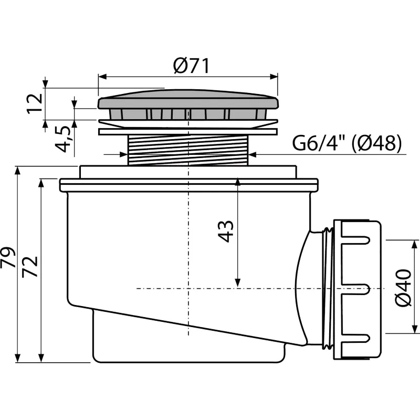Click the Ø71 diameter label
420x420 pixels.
(x=191, y=66)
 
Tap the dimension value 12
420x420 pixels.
(x=35, y=103)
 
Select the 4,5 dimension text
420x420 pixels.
(x=63, y=139)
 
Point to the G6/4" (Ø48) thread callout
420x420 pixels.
(x=347, y=143)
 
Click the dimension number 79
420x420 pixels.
(x=8, y=257)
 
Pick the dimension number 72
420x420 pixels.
(x=29, y=267)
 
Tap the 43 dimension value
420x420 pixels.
(x=226, y=232)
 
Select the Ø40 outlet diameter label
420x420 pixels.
(x=403, y=288)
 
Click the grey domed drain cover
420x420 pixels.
(x=188, y=99)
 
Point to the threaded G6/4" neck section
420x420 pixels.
(x=188, y=150)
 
